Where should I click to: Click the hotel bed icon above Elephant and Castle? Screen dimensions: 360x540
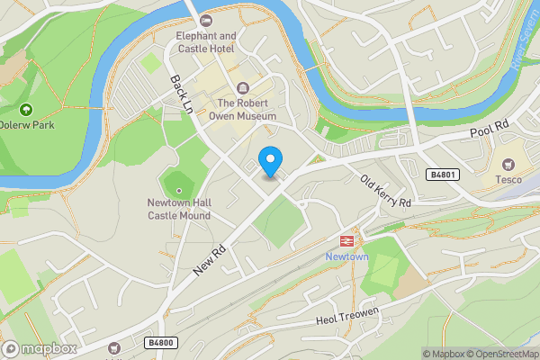tap(206, 20)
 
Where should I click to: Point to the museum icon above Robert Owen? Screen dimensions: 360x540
tap(243, 88)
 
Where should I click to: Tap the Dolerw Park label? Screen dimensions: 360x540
tap(25, 124)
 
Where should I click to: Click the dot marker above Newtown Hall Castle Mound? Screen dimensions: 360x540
tap(179, 190)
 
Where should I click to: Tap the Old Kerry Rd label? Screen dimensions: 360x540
tap(385, 190)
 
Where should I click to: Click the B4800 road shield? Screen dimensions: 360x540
tap(160, 343)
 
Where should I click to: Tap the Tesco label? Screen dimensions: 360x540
tap(508, 179)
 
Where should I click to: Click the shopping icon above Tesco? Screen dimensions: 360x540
tap(508, 164)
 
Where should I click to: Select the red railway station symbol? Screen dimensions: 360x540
tap(346, 240)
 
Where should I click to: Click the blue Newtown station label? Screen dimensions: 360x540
tap(346, 256)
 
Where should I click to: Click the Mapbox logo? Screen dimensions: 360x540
tap(39, 349)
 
